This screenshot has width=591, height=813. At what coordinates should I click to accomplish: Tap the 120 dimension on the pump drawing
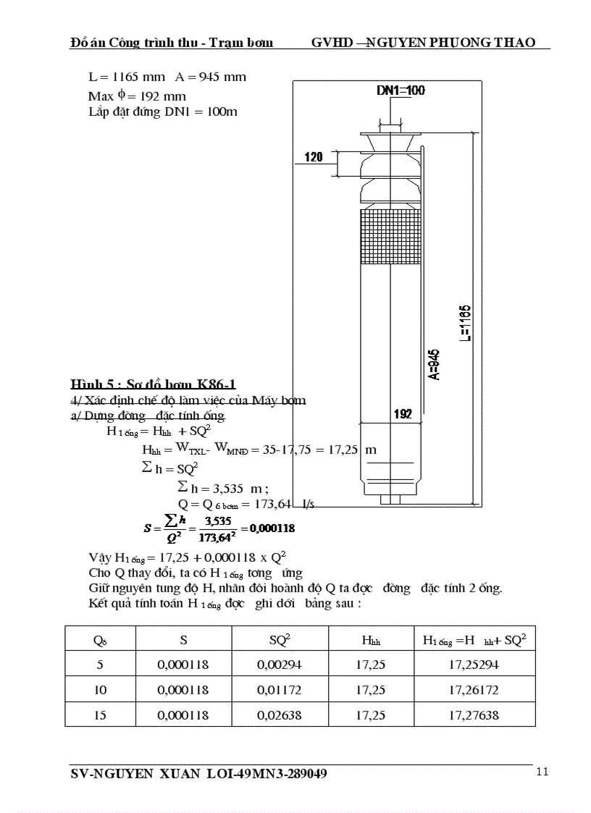(x=313, y=156)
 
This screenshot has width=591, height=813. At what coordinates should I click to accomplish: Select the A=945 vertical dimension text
(x=433, y=364)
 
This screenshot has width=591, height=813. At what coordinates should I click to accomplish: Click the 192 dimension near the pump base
(x=403, y=414)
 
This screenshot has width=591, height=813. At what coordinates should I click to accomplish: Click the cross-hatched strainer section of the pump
(x=390, y=234)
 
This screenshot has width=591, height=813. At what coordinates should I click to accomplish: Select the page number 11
(x=542, y=772)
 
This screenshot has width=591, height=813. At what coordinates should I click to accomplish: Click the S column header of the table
(x=183, y=639)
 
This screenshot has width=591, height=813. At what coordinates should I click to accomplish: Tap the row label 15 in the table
(x=100, y=715)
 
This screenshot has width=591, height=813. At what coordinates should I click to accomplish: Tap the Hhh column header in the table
(x=371, y=640)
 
